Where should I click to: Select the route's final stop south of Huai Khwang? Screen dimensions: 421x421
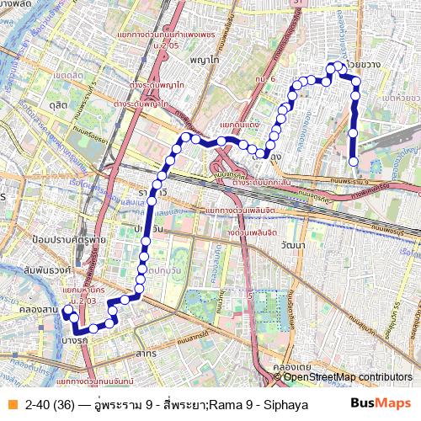(354, 162)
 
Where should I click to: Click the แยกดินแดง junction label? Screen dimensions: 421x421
(238, 125)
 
